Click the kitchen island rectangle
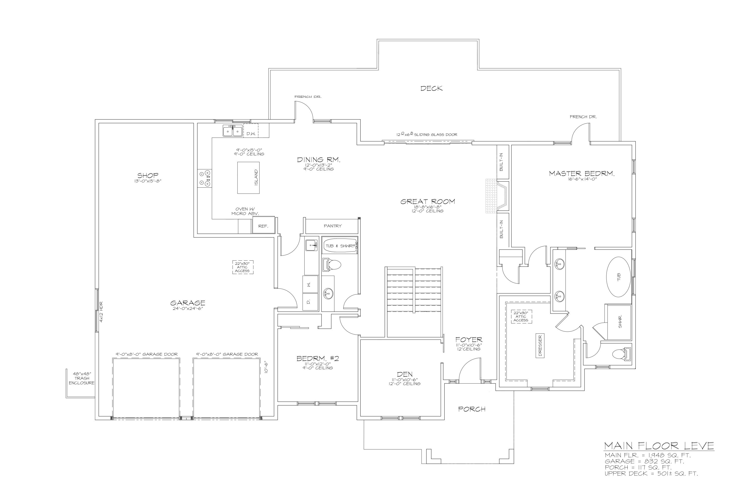coord(248,178)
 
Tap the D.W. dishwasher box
coord(251,130)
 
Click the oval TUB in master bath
coord(618,277)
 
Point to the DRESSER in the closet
coord(540,346)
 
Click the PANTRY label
coord(332,226)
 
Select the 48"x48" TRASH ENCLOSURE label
coord(82,378)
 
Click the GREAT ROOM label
coord(427,201)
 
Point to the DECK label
coord(431,88)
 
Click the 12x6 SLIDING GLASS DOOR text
coord(427,134)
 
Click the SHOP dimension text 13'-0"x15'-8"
coord(148,181)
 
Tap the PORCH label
coord(471,409)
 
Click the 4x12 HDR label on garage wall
coord(101,312)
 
